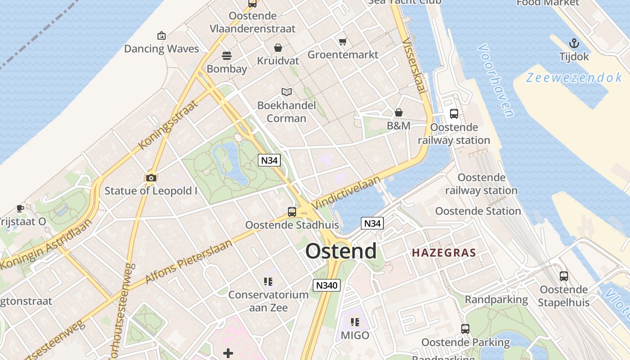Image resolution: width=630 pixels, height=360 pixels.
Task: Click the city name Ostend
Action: [x=341, y=251]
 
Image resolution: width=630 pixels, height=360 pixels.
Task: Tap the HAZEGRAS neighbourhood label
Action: [x=444, y=253]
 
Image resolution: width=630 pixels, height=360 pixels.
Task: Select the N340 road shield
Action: [x=327, y=285]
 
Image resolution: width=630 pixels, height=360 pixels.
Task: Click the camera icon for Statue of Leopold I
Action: [x=151, y=178]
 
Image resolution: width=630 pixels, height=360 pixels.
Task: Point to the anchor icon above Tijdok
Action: [x=574, y=44]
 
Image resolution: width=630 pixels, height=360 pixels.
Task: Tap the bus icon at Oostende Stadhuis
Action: [x=292, y=211]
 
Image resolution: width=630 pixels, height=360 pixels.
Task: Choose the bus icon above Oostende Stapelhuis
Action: [x=564, y=276]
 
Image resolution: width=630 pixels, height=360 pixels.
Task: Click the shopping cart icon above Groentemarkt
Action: [x=343, y=42]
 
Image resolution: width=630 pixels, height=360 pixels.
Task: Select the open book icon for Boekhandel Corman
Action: [x=287, y=92]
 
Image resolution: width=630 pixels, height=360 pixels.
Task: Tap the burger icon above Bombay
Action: [x=227, y=56]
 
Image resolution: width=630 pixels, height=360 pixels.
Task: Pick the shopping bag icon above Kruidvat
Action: [x=278, y=48]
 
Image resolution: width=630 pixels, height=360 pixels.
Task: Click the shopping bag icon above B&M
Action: [x=398, y=112]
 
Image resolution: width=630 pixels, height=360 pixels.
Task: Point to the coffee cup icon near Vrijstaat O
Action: [x=20, y=208]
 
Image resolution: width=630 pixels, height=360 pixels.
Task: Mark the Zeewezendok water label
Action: [x=574, y=78]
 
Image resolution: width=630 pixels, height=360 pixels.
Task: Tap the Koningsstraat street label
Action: [x=168, y=125]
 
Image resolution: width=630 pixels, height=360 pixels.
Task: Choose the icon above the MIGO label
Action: [x=355, y=322]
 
